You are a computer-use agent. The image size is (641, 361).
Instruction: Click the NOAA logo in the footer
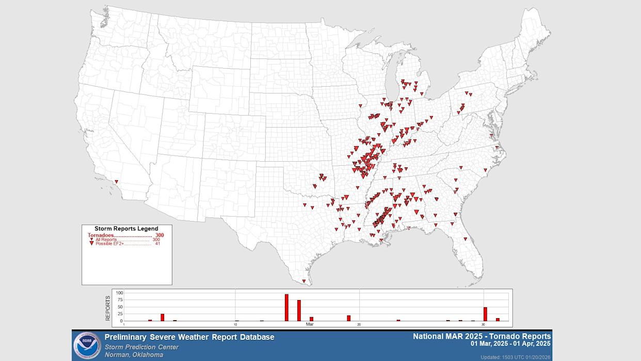coord(87,346)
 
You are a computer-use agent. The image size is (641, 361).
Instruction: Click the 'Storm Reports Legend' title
coord(126,228)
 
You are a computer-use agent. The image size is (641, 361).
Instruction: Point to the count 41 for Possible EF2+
coord(157,244)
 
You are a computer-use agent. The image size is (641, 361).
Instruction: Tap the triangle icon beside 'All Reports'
coord(91,240)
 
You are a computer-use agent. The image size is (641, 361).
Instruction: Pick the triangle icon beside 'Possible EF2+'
coord(91,244)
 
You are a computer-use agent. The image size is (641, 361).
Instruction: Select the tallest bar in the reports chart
coord(286,307)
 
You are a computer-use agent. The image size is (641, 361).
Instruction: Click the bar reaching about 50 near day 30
coord(485,314)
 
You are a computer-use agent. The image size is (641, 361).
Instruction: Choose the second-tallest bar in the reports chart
coord(299,310)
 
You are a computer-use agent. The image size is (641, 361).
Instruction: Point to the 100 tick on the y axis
coord(119,293)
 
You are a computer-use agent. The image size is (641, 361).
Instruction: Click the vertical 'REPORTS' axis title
coord(108,308)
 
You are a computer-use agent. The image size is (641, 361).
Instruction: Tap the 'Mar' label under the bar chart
coord(310,324)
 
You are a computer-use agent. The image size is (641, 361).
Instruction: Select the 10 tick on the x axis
coord(235,324)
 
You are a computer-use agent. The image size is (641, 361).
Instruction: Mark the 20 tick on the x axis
coord(359,324)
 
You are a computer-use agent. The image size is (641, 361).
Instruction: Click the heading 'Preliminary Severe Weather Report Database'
coord(189,337)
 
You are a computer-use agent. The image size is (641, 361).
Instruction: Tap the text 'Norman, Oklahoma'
coord(134,355)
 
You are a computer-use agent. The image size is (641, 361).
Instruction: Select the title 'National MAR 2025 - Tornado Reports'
coord(482,336)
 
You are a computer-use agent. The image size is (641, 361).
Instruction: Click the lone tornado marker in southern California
coord(117,182)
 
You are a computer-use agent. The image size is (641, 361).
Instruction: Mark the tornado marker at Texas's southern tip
coord(304,281)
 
